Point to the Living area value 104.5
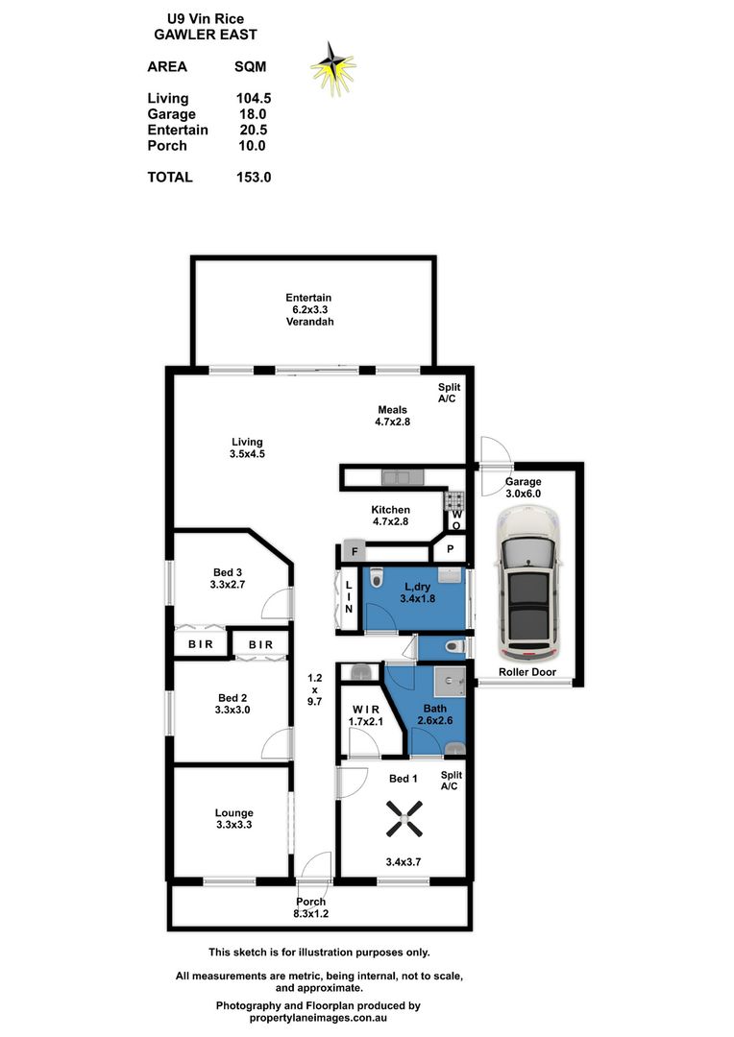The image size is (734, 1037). pyautogui.click(x=252, y=98)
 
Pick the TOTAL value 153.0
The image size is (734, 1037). pyautogui.click(x=252, y=177)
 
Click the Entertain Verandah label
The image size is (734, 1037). pyautogui.click(x=308, y=309)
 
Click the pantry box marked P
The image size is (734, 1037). pyautogui.click(x=450, y=550)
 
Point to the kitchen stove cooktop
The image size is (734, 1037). pyautogui.click(x=453, y=500)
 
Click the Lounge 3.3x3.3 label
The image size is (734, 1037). pyautogui.click(x=233, y=819)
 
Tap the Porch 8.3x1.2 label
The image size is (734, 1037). pyautogui.click(x=310, y=907)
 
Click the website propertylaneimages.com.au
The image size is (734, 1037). pyautogui.click(x=319, y=1019)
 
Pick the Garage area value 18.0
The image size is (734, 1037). pyautogui.click(x=252, y=114)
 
